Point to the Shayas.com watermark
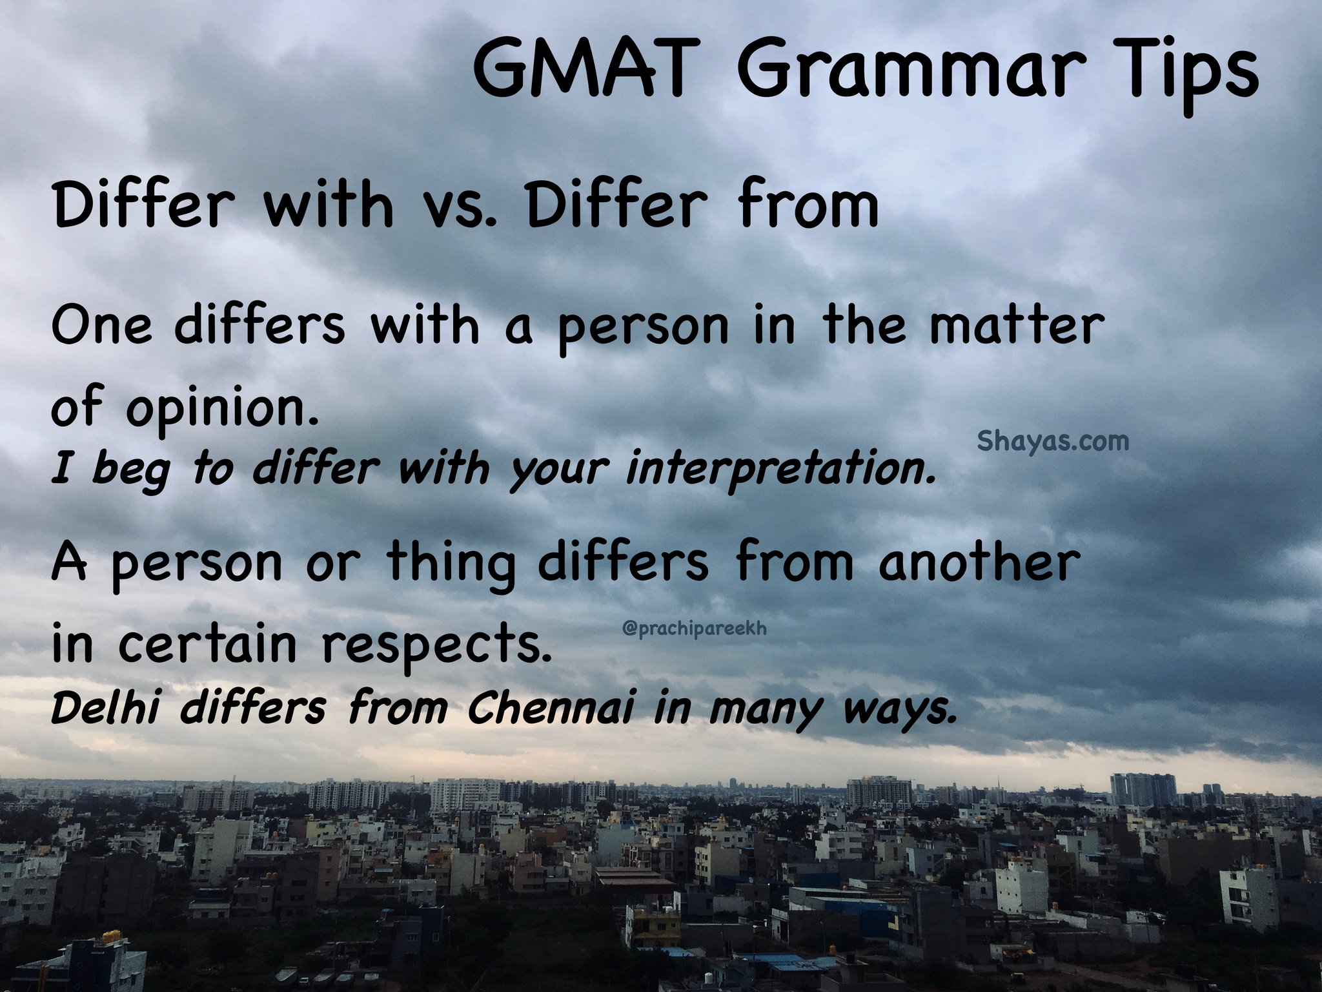pos(1053,442)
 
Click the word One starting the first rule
pos(102,327)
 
